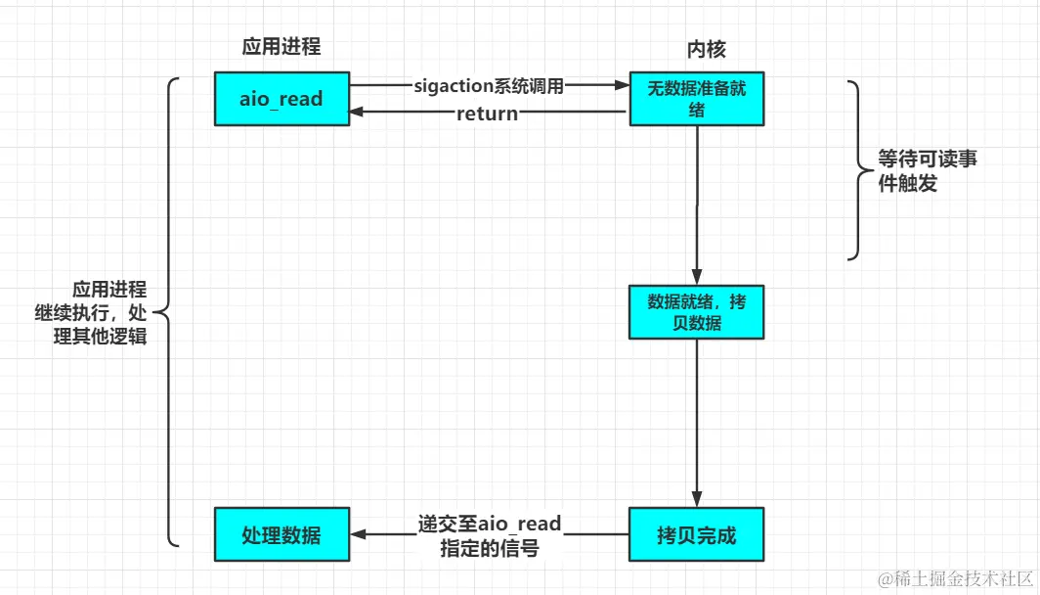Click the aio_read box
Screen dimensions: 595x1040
click(x=282, y=99)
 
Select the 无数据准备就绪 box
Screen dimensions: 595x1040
click(x=696, y=99)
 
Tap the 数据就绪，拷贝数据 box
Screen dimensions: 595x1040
click(x=696, y=311)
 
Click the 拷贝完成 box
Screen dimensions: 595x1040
click(x=696, y=535)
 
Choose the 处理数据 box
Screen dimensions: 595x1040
click(x=282, y=535)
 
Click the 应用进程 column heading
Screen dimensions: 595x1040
click(x=282, y=47)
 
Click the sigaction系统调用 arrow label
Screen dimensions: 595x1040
click(x=488, y=86)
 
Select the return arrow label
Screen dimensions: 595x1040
click(x=487, y=114)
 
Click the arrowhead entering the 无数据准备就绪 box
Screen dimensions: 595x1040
click(x=622, y=86)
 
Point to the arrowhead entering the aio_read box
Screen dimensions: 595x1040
click(x=358, y=113)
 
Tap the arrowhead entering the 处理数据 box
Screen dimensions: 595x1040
click(x=358, y=535)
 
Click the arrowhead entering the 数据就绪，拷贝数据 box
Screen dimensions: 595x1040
click(x=696, y=277)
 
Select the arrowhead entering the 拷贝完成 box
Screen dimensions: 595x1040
click(x=696, y=500)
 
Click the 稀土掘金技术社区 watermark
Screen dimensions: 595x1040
click(x=955, y=578)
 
